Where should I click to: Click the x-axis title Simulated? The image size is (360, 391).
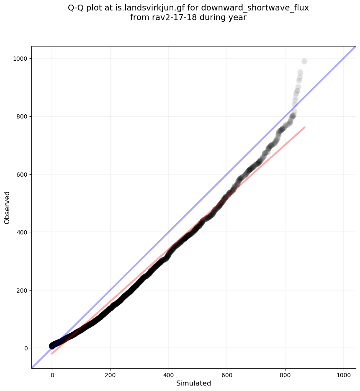click(x=193, y=383)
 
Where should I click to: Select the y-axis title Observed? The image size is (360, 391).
click(x=7, y=208)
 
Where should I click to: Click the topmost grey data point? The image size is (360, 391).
click(x=304, y=62)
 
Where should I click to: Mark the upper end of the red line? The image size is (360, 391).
click(x=304, y=127)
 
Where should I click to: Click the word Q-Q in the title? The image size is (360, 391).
click(x=77, y=8)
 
